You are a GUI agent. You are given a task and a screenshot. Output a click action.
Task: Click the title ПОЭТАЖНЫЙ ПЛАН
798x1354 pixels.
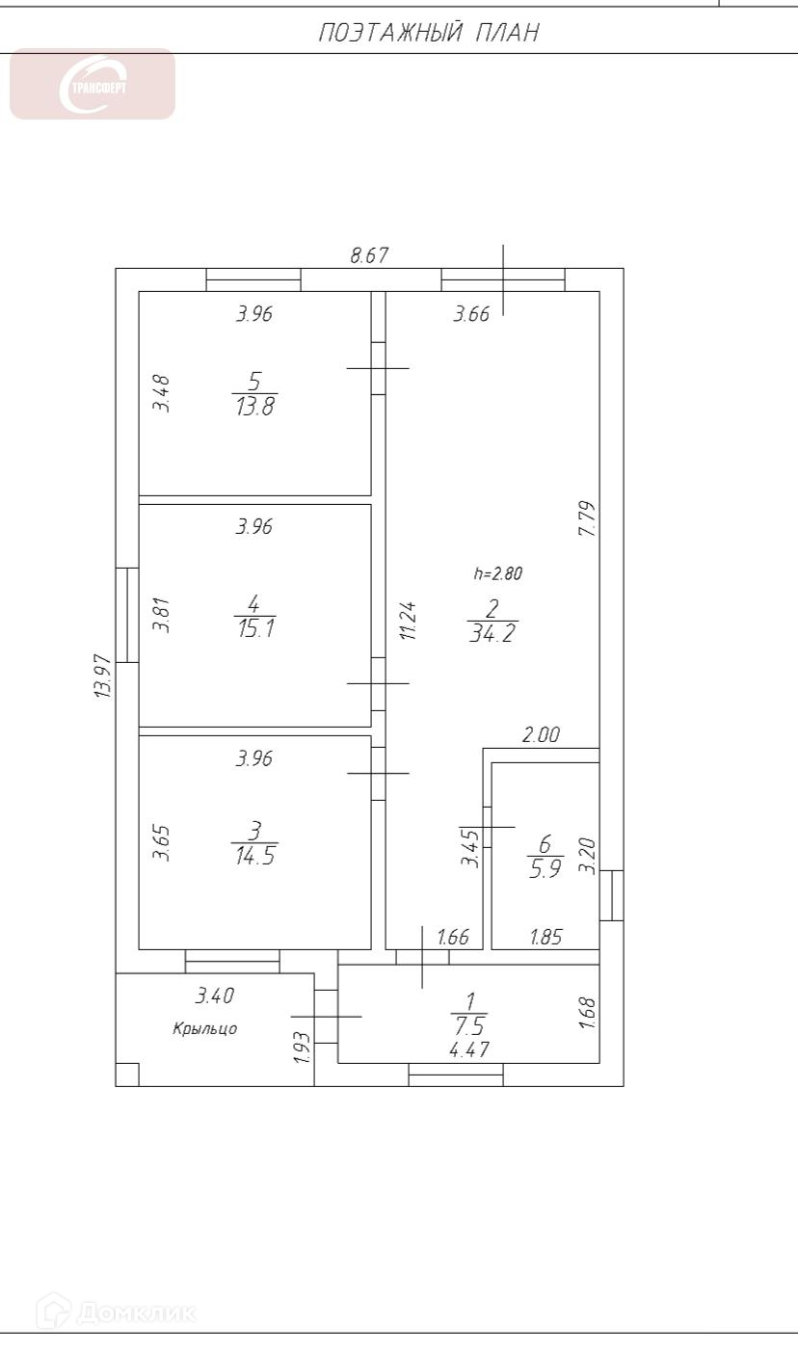(429, 33)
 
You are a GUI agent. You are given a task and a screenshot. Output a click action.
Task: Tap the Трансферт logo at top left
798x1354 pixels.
(93, 84)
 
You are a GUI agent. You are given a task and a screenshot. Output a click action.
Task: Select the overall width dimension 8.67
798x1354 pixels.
(369, 255)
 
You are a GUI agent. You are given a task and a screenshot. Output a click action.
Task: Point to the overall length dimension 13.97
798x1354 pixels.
(103, 677)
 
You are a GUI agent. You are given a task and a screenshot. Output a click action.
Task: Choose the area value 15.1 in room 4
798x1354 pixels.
(256, 628)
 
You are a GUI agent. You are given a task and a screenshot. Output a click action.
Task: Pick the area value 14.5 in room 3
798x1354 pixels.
(255, 856)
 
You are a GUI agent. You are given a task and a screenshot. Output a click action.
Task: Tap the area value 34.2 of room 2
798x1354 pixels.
(492, 633)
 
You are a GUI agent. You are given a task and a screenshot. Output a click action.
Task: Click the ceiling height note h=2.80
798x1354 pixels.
(498, 573)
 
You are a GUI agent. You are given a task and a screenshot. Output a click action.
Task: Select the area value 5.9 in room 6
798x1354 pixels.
(545, 868)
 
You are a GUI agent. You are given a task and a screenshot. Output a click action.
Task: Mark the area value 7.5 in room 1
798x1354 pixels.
(469, 1026)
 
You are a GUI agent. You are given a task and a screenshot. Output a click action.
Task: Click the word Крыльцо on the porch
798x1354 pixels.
(205, 1028)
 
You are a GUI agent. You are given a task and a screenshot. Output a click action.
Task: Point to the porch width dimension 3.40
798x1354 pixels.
(215, 996)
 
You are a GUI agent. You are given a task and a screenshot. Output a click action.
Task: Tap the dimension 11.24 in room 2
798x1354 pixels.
(408, 621)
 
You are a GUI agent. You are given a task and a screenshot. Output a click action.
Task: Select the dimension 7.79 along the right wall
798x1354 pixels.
(588, 518)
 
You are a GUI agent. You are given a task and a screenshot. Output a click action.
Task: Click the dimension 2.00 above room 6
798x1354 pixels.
(541, 735)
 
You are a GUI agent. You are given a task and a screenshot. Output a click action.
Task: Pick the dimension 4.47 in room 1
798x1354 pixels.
(469, 1049)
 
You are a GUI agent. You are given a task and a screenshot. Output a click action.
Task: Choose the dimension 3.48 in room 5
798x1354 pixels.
(161, 393)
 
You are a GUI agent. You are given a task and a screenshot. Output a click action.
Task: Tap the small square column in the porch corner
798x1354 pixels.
(127, 1075)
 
